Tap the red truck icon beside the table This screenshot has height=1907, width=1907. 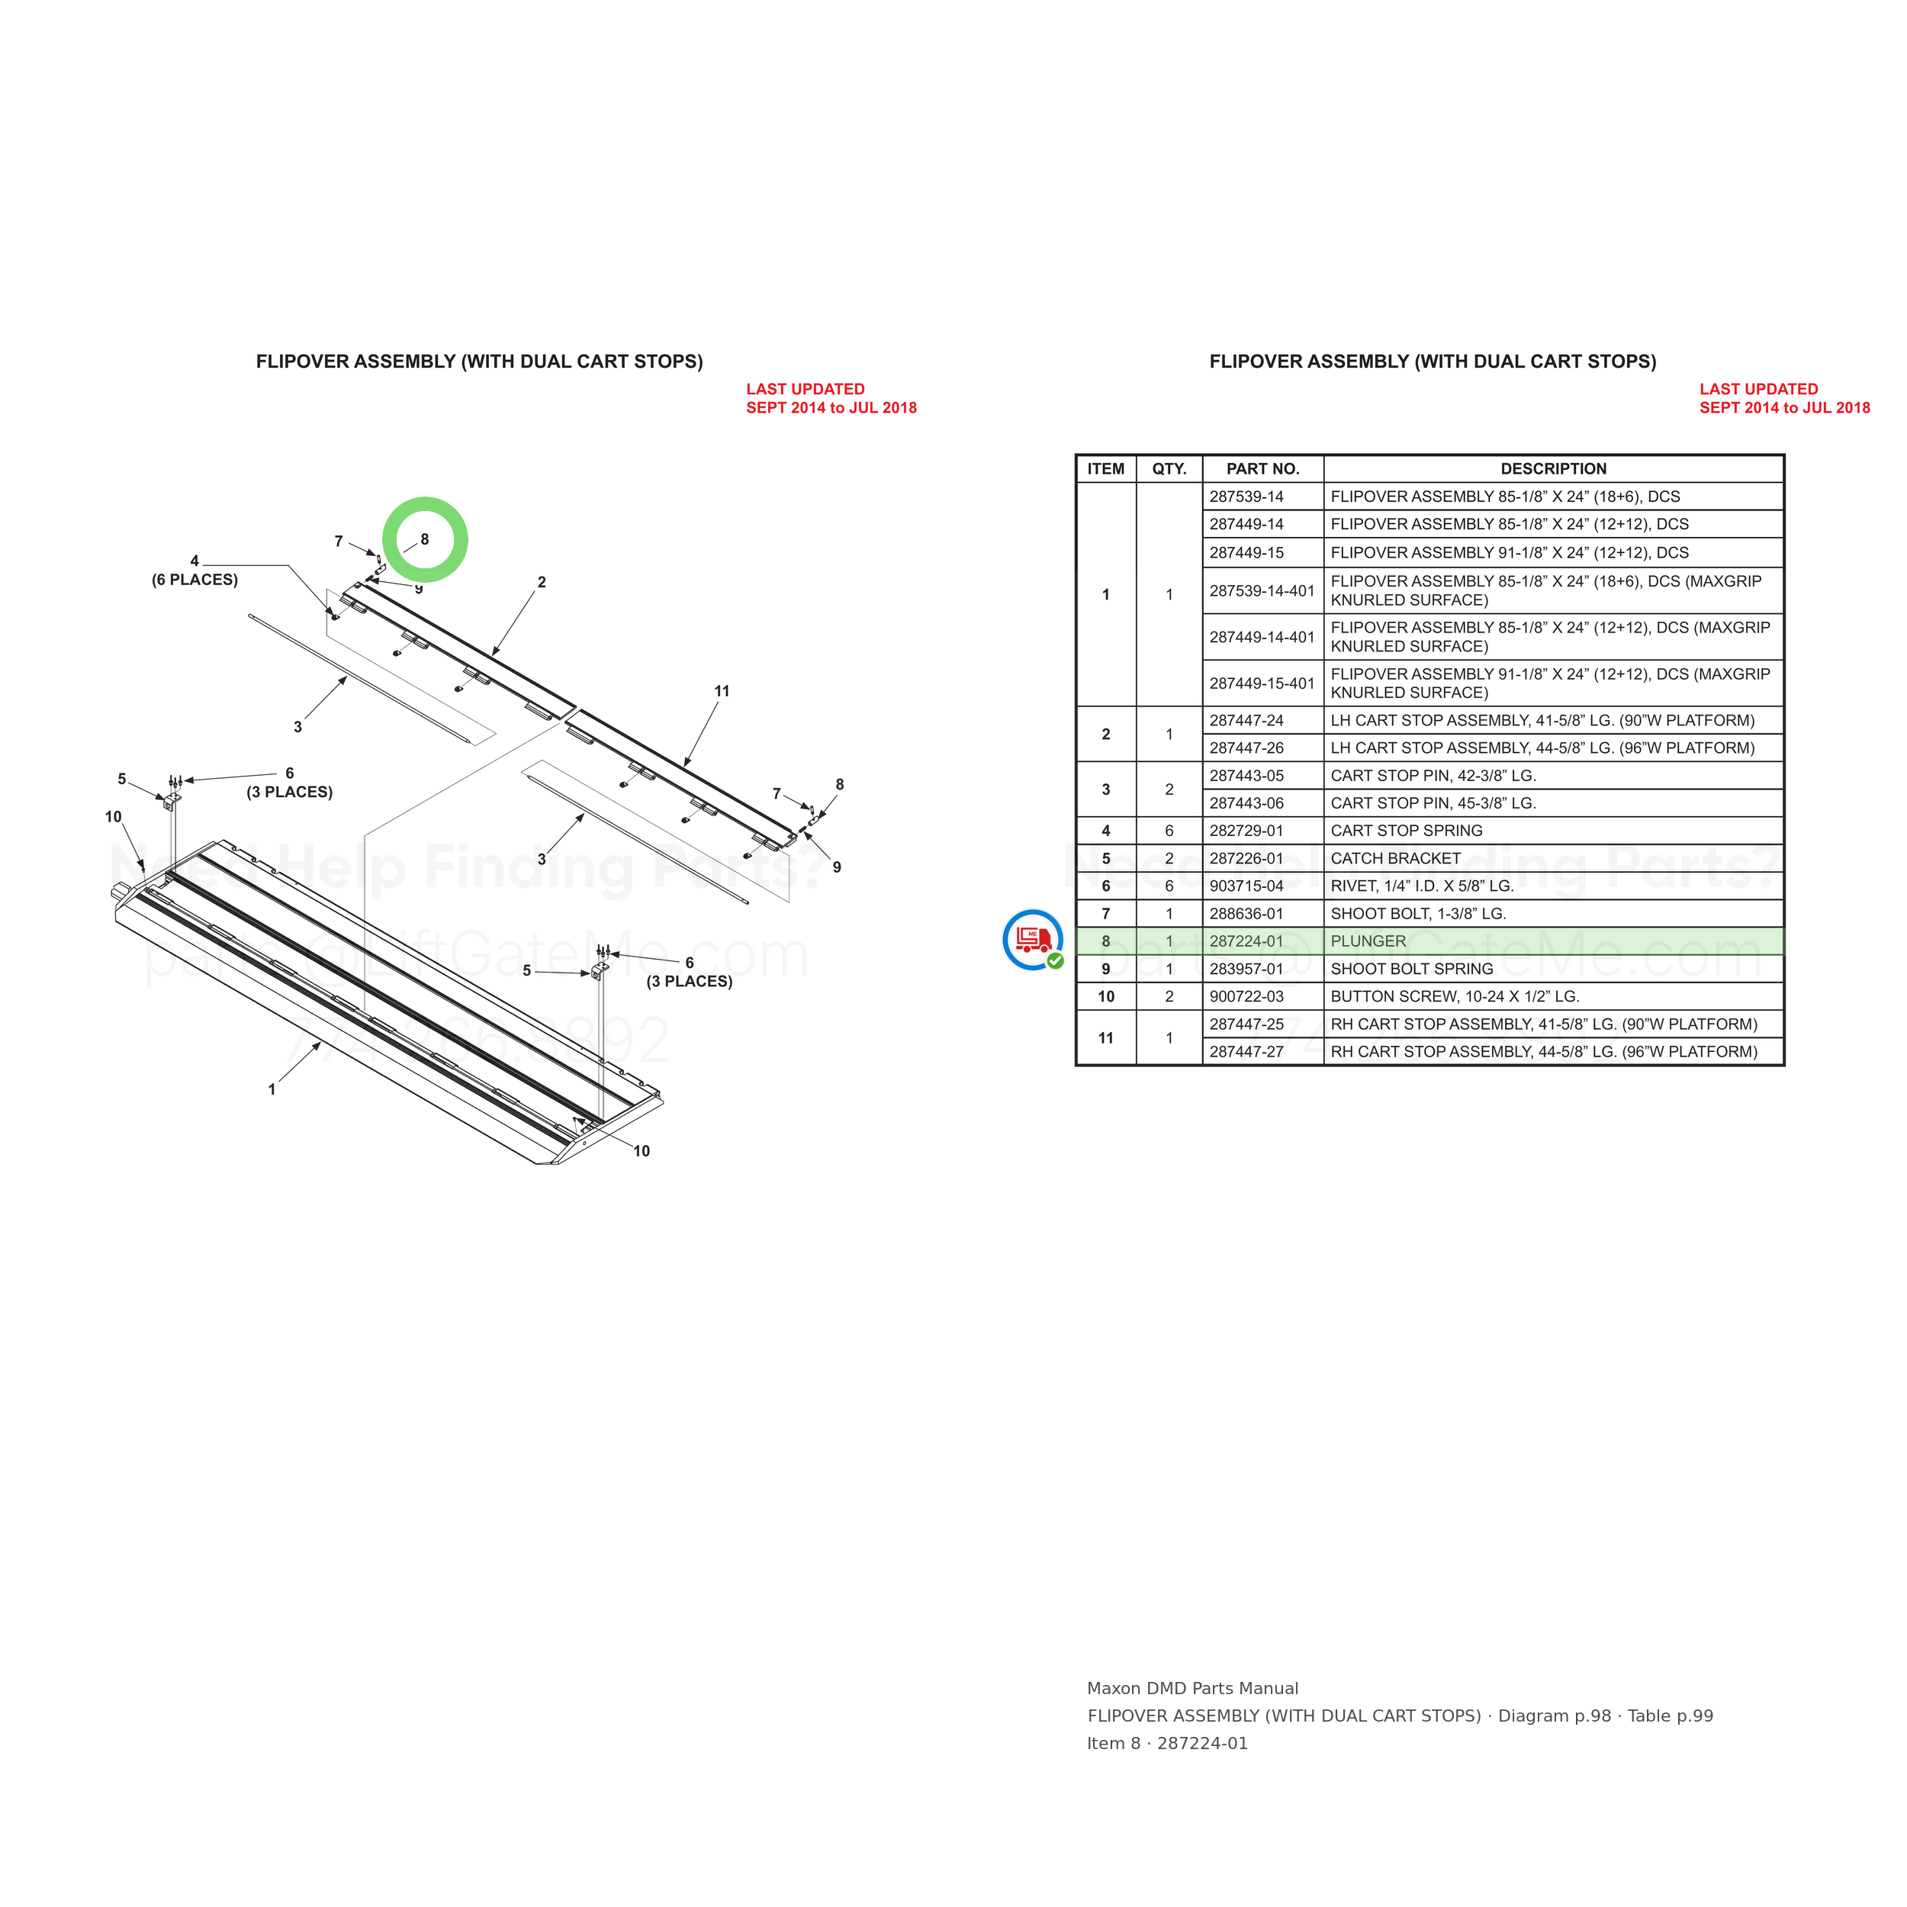[x=1034, y=940]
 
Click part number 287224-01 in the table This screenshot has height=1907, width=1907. [x=1246, y=941]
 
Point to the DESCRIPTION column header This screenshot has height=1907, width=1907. [x=1554, y=469]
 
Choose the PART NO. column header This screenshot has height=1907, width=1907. [x=1262, y=469]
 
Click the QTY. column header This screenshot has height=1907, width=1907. [x=1169, y=469]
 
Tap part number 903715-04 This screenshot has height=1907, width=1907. [x=1246, y=886]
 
